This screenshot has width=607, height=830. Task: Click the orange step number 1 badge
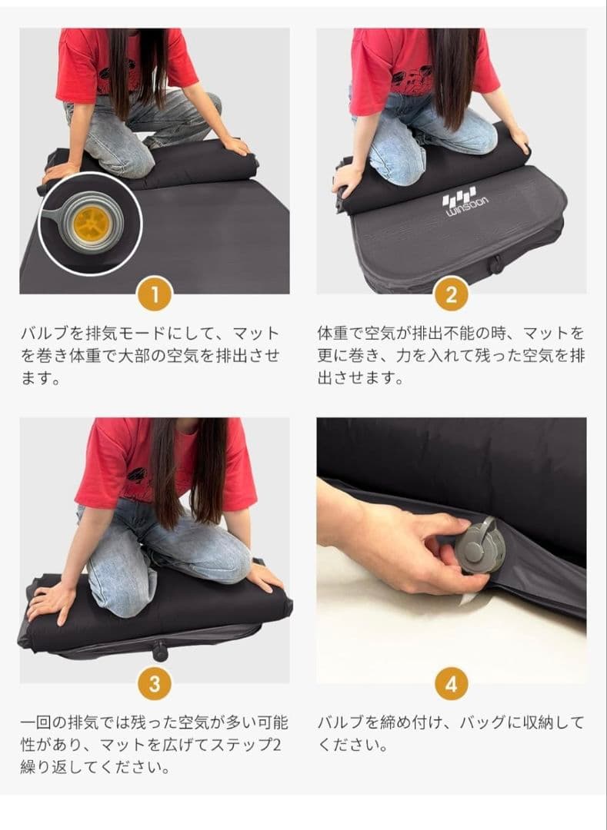[x=155, y=295]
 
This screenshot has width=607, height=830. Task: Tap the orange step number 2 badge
[x=452, y=295]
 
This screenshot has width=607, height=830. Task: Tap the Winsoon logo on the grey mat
[x=460, y=206]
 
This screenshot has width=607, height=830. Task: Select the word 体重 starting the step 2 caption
[x=330, y=334]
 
